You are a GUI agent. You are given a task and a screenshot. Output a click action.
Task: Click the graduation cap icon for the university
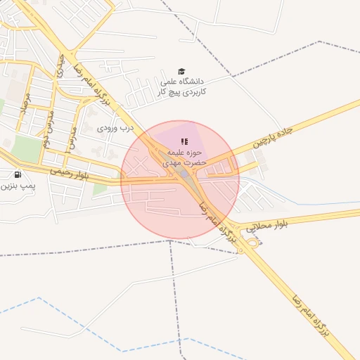point(181,72)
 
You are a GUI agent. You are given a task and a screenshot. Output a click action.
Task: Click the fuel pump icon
point(17,174)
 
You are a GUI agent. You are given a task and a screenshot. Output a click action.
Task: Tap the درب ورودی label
point(115,129)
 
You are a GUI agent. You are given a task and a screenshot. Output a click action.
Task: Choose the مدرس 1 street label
point(72,134)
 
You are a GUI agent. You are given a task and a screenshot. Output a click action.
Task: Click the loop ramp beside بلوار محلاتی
point(252,243)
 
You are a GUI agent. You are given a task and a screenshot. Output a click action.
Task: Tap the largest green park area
point(27,148)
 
